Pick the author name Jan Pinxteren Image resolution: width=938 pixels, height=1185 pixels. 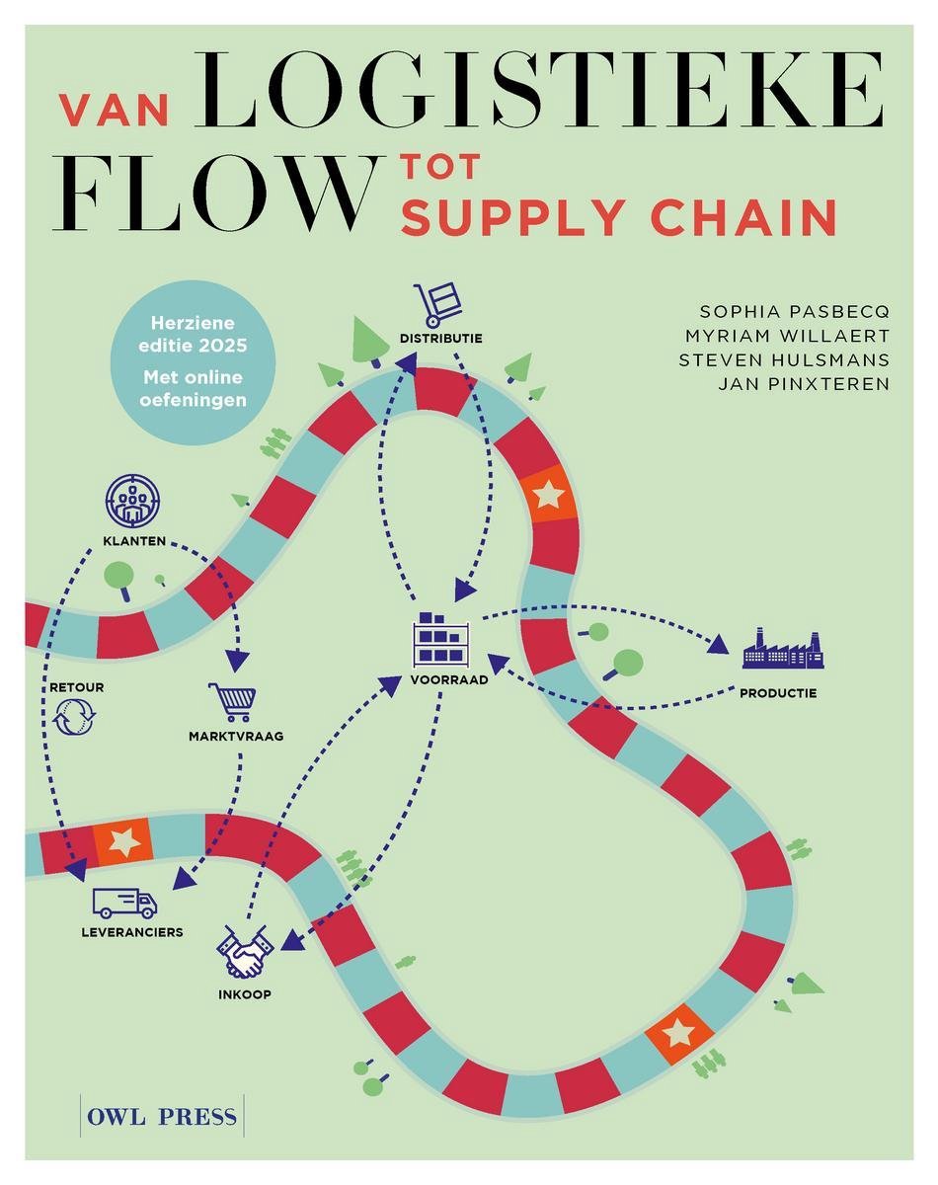(804, 382)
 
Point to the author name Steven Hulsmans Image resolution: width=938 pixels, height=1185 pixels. (784, 359)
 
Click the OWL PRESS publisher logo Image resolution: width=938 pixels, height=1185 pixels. (162, 1117)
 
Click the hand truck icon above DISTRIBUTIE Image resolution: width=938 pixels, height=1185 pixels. (437, 305)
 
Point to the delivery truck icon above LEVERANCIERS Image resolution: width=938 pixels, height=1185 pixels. (124, 902)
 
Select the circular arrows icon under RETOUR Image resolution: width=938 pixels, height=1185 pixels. (75, 717)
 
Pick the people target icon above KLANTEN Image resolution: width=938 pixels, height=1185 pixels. (133, 502)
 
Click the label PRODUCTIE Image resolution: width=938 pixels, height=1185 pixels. (778, 692)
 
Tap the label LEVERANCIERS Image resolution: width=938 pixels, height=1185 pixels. (132, 931)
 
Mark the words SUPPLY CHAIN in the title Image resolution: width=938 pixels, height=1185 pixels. (619, 216)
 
